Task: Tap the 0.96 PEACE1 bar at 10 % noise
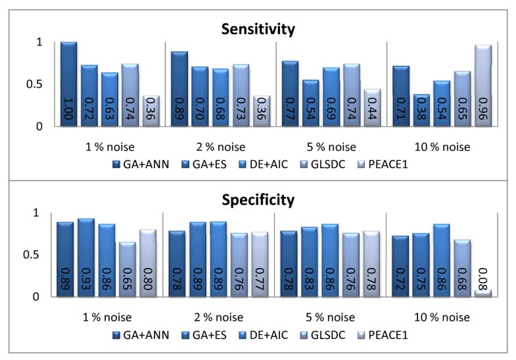coord(483,85)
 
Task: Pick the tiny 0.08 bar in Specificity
coord(483,293)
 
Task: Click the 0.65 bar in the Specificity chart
coord(128,269)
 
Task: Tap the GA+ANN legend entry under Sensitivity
coord(143,164)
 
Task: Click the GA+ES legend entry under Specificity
coord(206,335)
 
